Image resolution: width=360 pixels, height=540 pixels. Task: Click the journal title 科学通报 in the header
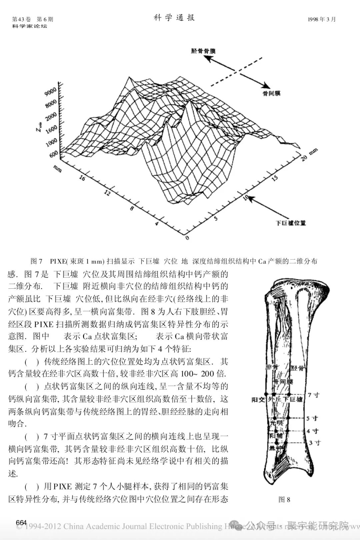pos(174,18)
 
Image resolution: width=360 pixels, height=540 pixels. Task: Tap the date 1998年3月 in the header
pos(322,19)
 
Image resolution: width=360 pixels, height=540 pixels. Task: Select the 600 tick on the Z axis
pos(53,154)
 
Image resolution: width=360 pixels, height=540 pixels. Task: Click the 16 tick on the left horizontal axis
pos(82,178)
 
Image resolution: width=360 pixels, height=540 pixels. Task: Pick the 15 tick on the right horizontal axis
pos(275,178)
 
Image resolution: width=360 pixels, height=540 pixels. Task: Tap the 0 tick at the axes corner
pos(187,238)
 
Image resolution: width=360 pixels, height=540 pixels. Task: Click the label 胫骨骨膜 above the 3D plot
pos(203,51)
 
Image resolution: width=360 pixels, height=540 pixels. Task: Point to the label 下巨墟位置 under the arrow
pos(291,223)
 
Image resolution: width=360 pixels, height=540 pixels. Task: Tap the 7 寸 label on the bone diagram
pos(313,395)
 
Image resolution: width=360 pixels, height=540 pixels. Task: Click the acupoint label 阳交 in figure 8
pos(258,399)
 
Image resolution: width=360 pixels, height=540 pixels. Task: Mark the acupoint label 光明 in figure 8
pos(276,423)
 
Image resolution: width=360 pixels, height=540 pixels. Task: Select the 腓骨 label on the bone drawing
pos(271,367)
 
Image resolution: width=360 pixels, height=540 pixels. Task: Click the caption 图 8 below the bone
pos(284,499)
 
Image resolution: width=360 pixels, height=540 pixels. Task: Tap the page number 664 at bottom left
pos(21,522)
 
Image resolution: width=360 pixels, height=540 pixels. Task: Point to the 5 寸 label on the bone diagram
pos(312,418)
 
